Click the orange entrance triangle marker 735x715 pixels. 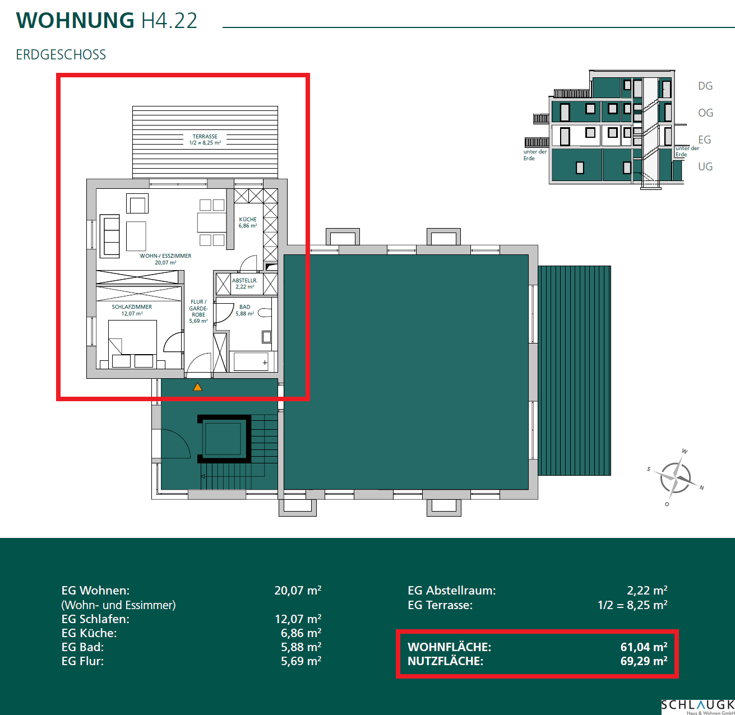click(197, 387)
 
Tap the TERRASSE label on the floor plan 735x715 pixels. click(205, 136)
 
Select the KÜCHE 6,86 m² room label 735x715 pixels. click(248, 222)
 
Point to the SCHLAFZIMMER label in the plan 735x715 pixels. click(132, 307)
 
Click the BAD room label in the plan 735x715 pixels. click(245, 307)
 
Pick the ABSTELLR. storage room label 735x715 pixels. click(245, 281)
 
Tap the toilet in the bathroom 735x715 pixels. click(265, 313)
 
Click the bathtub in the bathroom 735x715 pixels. click(251, 361)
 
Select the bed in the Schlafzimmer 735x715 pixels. click(132, 344)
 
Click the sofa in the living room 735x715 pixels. click(109, 236)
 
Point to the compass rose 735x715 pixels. click(676, 477)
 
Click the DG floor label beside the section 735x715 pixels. click(705, 86)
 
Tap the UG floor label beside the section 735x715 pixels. click(705, 166)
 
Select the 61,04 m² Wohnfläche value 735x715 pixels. click(644, 647)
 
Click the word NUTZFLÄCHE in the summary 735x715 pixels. click(445, 661)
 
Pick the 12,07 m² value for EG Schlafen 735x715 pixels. click(298, 619)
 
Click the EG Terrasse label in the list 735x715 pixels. click(440, 605)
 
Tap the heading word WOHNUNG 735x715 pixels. click(75, 20)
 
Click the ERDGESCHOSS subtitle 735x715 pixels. click(61, 55)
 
